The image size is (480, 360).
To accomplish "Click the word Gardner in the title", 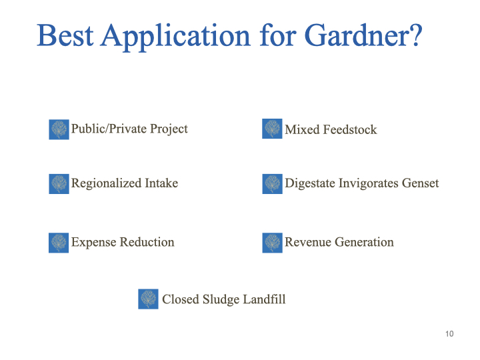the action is point(358,35).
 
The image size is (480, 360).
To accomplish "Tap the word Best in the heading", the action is point(65,35).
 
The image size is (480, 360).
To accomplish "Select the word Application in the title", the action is point(176,37).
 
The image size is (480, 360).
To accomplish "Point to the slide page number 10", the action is point(449,334).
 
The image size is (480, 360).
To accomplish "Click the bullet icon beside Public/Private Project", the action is point(59,129).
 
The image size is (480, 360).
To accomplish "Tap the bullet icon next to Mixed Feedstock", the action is point(272,129).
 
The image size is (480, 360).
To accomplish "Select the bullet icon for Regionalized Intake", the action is point(59,184).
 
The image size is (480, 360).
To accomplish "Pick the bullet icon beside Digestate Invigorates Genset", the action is point(272,184).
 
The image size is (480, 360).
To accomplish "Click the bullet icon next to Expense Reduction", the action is point(59,243).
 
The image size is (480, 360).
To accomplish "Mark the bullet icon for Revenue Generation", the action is point(272,243).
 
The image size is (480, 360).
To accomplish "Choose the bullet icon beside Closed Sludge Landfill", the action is point(148,299).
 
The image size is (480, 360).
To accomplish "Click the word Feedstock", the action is point(350,129).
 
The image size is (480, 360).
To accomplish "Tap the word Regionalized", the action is point(107,184).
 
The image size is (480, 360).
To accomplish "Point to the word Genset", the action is point(420,183).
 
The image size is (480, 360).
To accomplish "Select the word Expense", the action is point(94,243).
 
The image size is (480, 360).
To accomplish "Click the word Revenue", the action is point(308,242).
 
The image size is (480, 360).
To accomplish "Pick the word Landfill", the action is point(264,299).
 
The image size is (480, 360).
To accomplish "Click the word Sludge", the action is point(221,300).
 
